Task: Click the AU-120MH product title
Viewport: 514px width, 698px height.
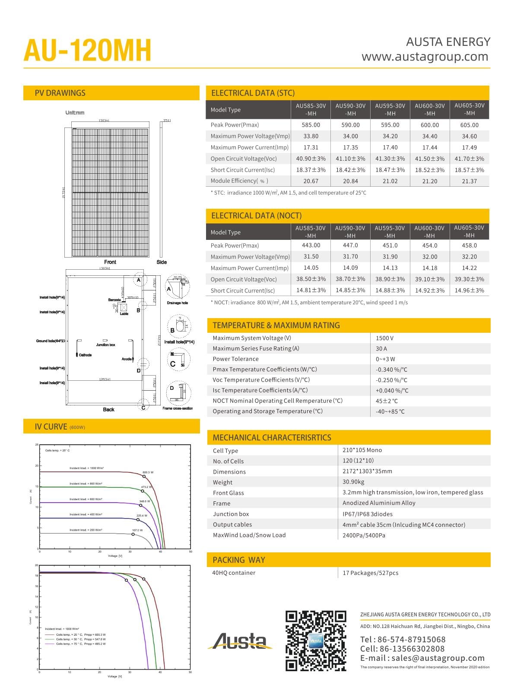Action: [88, 51]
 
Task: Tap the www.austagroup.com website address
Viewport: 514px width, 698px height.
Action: [425, 57]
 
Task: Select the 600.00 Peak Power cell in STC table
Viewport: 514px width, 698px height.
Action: [429, 125]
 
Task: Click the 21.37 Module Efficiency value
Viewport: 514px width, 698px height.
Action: [469, 181]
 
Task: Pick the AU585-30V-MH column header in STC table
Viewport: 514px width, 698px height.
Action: [311, 109]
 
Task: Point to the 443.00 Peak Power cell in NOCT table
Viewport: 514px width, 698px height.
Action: [311, 245]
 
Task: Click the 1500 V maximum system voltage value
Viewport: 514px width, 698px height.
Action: [384, 338]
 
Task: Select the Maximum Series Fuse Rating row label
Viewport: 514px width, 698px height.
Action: [256, 348]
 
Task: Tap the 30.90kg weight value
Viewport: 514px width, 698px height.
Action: [353, 481]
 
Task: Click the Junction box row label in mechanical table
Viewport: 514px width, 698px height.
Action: [231, 514]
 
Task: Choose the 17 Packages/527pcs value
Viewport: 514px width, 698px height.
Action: [370, 573]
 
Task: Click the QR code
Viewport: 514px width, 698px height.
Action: [316, 641]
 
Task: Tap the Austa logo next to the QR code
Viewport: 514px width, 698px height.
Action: [240, 641]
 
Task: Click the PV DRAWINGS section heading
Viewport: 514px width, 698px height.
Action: [60, 93]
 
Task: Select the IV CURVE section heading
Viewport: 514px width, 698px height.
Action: [51, 427]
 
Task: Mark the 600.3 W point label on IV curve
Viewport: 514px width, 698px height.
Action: [148, 472]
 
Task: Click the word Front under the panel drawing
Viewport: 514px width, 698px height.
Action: [110, 262]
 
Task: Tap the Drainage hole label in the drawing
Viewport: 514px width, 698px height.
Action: [177, 303]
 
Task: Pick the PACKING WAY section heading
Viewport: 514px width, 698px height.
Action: [238, 560]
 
